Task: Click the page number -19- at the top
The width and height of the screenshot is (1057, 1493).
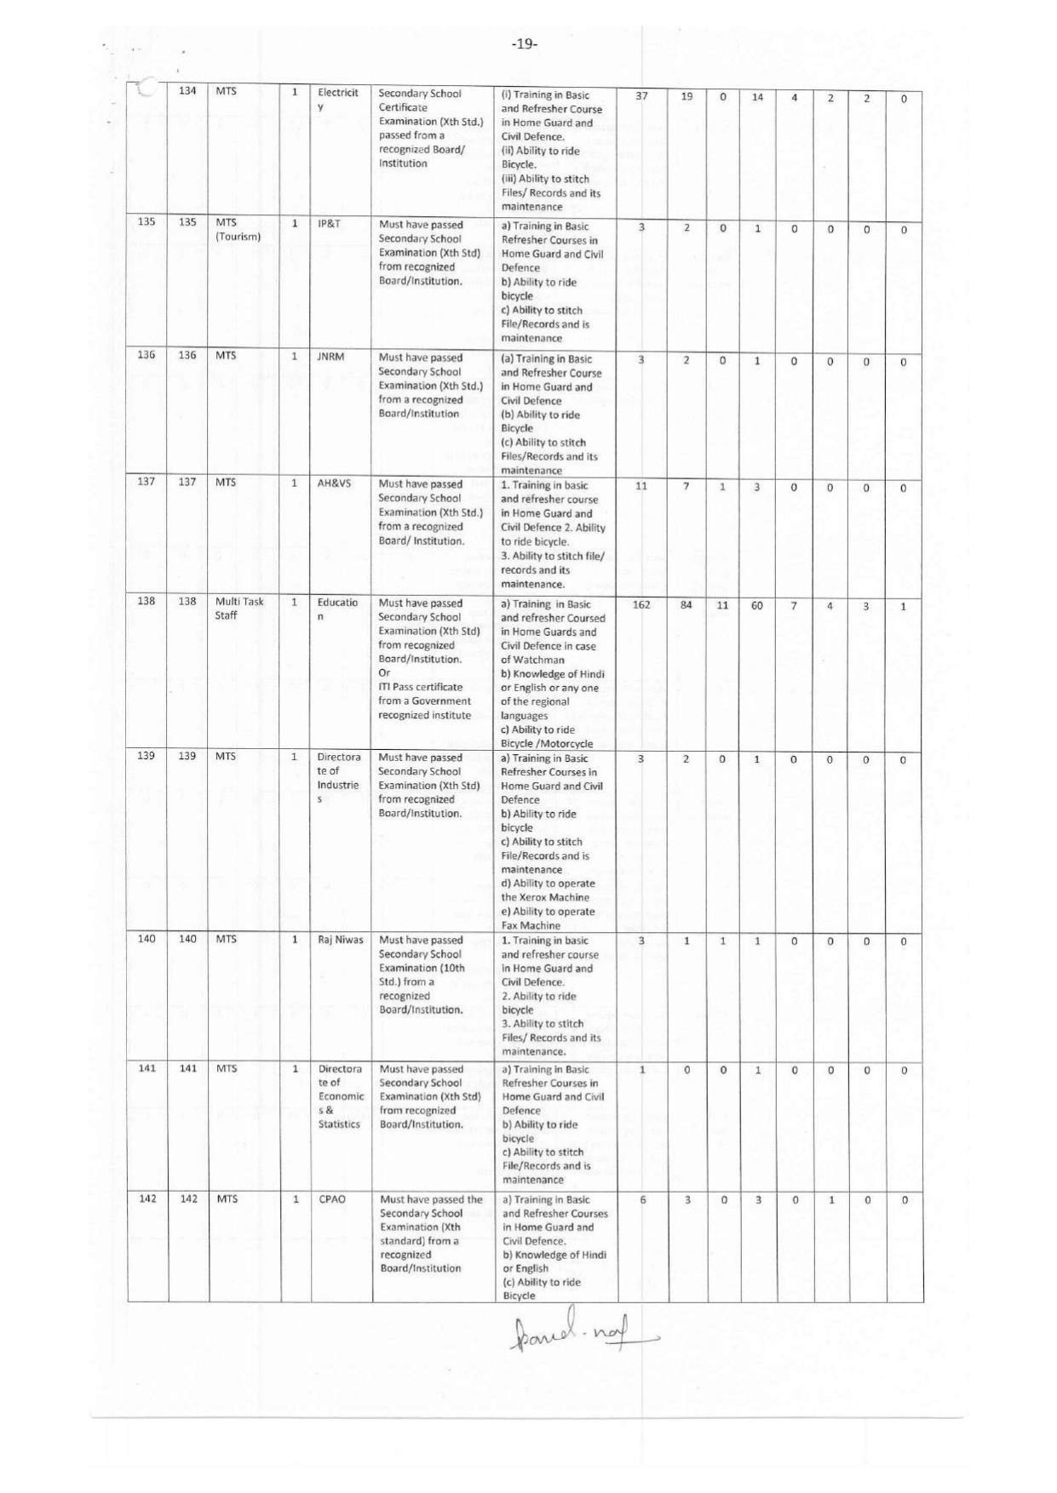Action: tap(525, 44)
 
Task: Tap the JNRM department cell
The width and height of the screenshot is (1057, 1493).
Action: tap(330, 357)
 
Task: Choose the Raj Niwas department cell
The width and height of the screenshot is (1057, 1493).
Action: tap(341, 940)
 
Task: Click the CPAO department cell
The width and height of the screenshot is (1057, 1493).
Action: tap(332, 1199)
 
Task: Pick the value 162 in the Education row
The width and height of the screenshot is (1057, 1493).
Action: tap(641, 605)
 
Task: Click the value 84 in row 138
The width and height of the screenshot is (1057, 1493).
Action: tap(686, 605)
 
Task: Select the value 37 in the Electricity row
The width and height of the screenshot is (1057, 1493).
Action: tap(641, 96)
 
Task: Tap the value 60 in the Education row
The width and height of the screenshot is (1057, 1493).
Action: tap(757, 605)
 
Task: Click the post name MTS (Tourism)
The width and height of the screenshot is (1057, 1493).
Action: tap(238, 230)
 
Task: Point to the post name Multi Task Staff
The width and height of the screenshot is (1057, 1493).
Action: tap(238, 609)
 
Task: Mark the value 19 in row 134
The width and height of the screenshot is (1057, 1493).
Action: tap(686, 96)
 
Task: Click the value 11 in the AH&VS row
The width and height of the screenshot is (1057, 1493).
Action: tap(641, 486)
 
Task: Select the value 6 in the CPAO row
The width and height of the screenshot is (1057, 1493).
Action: tap(642, 1200)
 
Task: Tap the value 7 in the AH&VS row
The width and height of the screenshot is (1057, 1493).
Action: tap(686, 486)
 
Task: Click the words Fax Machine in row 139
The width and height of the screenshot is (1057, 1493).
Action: tap(531, 925)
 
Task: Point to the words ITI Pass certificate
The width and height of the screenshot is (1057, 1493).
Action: tap(421, 687)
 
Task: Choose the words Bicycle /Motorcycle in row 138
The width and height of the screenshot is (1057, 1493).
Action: tap(547, 743)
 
